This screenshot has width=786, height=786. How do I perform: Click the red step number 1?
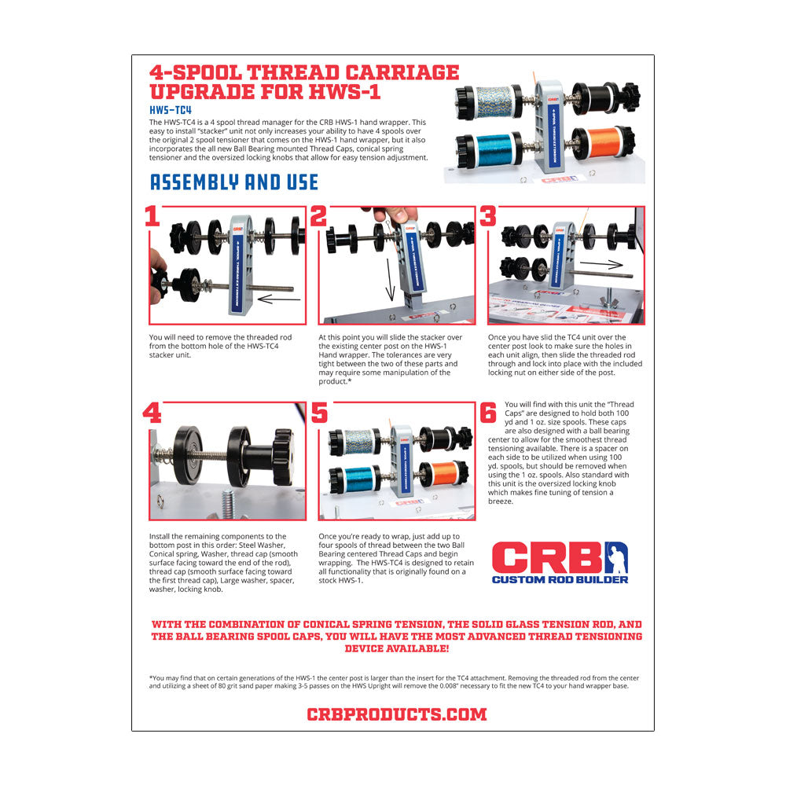152,217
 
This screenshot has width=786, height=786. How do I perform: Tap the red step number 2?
319,217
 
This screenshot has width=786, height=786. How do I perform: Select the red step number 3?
488,217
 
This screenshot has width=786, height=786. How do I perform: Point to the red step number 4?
152,413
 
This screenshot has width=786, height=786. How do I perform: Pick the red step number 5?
319,413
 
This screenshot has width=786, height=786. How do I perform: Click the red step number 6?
488,413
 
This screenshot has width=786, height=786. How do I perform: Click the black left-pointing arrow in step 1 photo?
279,299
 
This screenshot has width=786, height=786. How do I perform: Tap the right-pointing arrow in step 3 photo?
601,264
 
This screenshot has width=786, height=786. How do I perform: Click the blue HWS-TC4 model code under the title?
171,110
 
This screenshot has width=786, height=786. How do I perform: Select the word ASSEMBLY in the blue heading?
194,182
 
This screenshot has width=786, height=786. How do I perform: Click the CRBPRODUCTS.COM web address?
396,714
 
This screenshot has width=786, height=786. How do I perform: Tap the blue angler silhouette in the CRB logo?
616,557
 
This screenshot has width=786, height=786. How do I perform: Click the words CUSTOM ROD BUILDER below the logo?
560,580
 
